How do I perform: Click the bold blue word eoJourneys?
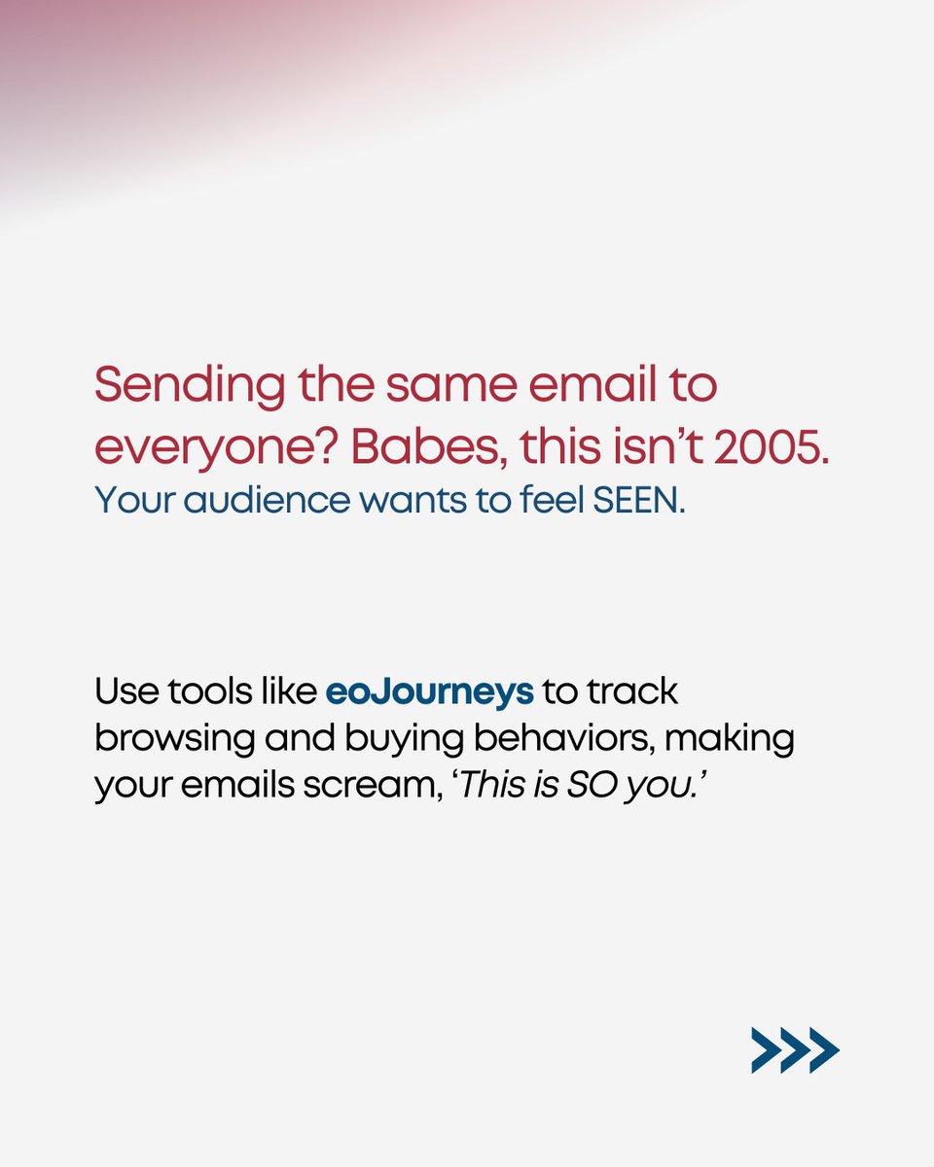pyautogui.click(x=429, y=691)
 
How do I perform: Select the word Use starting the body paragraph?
pyautogui.click(x=123, y=691)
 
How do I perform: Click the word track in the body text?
pyautogui.click(x=633, y=691)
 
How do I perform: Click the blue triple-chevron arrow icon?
pyautogui.click(x=794, y=1050)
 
